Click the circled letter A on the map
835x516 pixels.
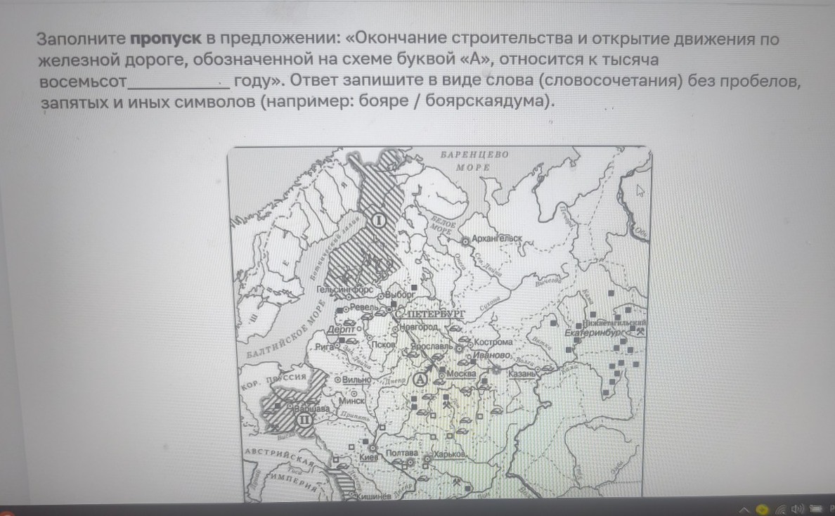[420, 378]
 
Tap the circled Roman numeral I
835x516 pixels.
[378, 220]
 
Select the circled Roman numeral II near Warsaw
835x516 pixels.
[304, 420]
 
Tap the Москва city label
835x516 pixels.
[461, 373]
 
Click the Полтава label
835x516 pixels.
[401, 453]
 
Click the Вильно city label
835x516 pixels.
[356, 379]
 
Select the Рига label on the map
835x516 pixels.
[325, 346]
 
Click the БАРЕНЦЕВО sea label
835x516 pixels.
[474, 154]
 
